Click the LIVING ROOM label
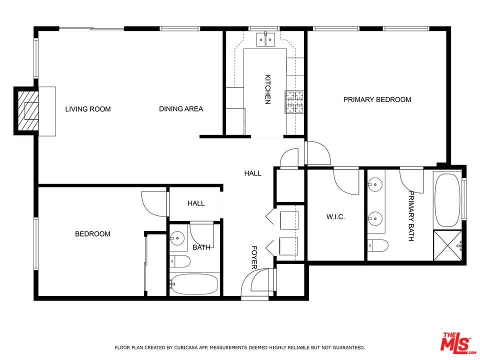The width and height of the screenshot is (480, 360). click(x=88, y=109)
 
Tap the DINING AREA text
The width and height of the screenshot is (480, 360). click(x=181, y=108)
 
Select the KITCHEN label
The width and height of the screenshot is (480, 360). click(x=267, y=89)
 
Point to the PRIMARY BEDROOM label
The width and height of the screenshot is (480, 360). click(x=377, y=99)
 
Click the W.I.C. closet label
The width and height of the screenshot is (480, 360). click(x=335, y=217)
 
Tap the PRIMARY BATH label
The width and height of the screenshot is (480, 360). click(x=411, y=216)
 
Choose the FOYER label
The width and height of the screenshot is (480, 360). click(x=254, y=257)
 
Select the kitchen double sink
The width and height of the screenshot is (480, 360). click(x=265, y=39)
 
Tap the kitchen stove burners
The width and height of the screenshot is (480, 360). click(x=294, y=102)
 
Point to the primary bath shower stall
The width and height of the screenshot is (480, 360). click(x=447, y=245)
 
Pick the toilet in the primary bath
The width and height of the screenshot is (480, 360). click(x=378, y=245)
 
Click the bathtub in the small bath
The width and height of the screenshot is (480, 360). click(x=194, y=284)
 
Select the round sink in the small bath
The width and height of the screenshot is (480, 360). click(x=177, y=238)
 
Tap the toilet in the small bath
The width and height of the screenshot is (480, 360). click(x=180, y=261)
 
